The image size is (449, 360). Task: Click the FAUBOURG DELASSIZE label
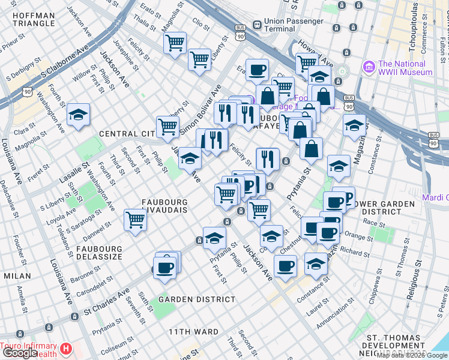(x=98, y=253)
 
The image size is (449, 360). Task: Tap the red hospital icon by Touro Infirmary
(x=67, y=348)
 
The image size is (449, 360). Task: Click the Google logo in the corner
(x=20, y=353)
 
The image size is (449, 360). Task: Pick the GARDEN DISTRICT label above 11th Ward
(x=197, y=299)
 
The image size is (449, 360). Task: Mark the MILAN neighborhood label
(x=17, y=275)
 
